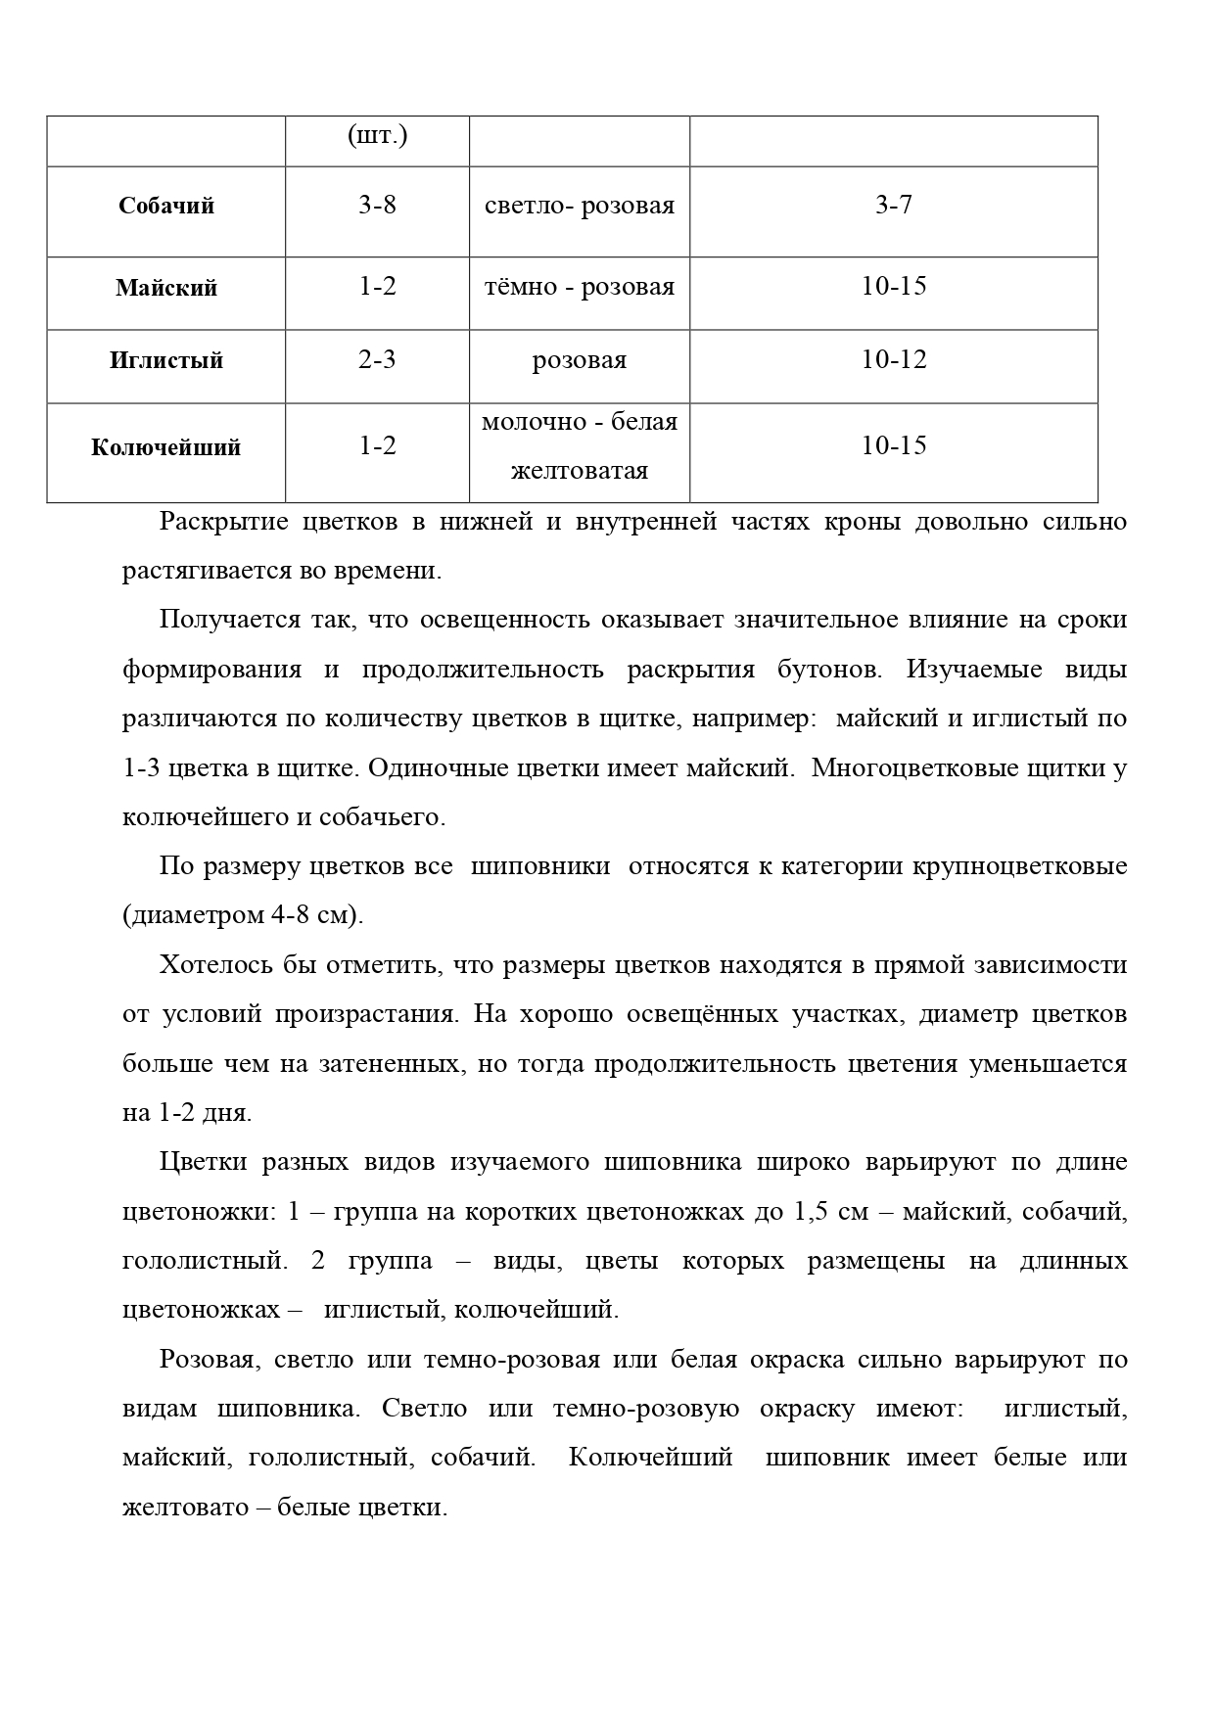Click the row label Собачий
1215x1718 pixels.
click(x=166, y=207)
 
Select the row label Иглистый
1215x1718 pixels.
click(x=166, y=361)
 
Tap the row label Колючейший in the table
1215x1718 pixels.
click(x=166, y=448)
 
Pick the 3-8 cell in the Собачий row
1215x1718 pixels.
click(x=377, y=206)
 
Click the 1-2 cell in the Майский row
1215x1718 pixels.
click(x=377, y=287)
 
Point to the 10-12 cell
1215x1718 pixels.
click(x=893, y=360)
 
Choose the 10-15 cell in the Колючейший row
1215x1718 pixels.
click(x=893, y=446)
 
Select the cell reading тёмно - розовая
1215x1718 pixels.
click(x=579, y=288)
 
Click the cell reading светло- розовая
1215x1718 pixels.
click(x=579, y=207)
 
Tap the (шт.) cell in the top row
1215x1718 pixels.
click(x=377, y=136)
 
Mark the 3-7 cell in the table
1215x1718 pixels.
click(x=893, y=206)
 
